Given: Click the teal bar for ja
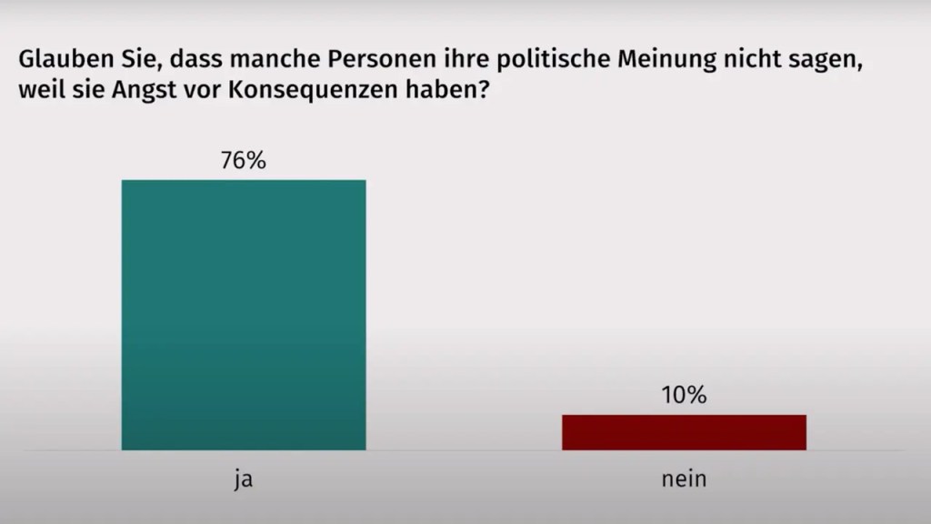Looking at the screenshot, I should [x=244, y=315].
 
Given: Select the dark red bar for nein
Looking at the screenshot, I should [x=684, y=432].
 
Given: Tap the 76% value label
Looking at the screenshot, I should [x=243, y=161].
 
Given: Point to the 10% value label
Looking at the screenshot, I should [x=684, y=396].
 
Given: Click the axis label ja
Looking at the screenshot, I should [x=243, y=479].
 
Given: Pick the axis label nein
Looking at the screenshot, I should [x=684, y=479].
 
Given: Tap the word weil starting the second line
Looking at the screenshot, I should [x=35, y=92].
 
